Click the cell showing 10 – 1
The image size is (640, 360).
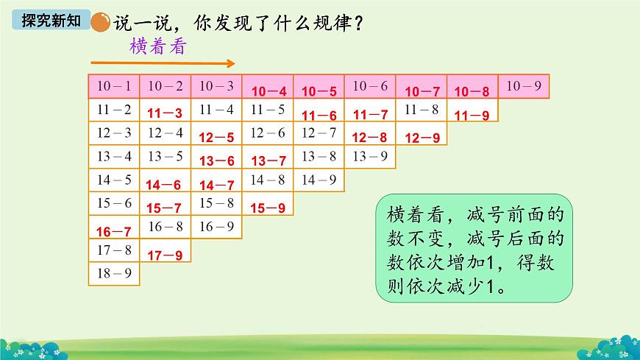pyautogui.click(x=113, y=86)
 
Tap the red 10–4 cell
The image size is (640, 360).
pyautogui.click(x=269, y=92)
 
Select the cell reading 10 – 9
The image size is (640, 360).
pyautogui.click(x=525, y=86)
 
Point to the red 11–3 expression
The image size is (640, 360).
pyautogui.click(x=165, y=114)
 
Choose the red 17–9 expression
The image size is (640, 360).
pyautogui.click(x=165, y=255)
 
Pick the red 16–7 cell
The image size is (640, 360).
pyautogui.click(x=113, y=232)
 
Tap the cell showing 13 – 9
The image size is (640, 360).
pyautogui.click(x=370, y=156)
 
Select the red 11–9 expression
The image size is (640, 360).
pyautogui.click(x=472, y=115)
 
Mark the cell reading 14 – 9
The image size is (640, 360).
pyautogui.click(x=319, y=180)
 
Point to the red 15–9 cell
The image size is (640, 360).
pyautogui.click(x=268, y=208)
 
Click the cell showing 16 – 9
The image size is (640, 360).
pyautogui.click(x=216, y=227)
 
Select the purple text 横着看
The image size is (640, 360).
pyautogui.click(x=157, y=46)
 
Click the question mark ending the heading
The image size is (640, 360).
pyautogui.click(x=358, y=23)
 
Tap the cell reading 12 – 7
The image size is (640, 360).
pyautogui.click(x=319, y=133)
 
